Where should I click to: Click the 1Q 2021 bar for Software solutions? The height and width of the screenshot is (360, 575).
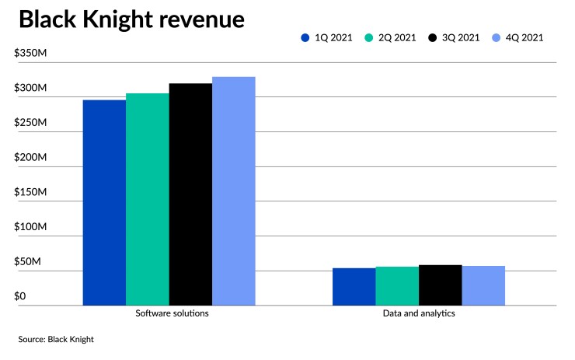pyautogui.click(x=104, y=202)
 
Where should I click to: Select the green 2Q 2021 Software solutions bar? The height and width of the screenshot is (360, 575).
pyautogui.click(x=148, y=199)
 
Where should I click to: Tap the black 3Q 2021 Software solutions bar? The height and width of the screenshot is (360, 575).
pyautogui.click(x=190, y=194)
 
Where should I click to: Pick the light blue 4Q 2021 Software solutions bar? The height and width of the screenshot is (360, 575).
pyautogui.click(x=234, y=190)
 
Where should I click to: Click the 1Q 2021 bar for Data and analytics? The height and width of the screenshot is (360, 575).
pyautogui.click(x=354, y=287)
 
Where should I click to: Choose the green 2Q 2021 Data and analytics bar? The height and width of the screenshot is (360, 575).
pyautogui.click(x=397, y=286)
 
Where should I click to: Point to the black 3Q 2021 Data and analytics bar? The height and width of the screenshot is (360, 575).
pyautogui.click(x=440, y=285)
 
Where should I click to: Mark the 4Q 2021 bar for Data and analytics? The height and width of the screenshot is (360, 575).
pyautogui.click(x=483, y=286)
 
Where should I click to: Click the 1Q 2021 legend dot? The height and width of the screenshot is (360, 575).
pyautogui.click(x=305, y=37)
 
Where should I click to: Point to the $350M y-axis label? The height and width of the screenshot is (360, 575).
pyautogui.click(x=31, y=54)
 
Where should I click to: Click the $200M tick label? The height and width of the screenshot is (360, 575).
pyautogui.click(x=31, y=158)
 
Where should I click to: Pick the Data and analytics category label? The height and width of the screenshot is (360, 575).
pyautogui.click(x=419, y=314)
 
